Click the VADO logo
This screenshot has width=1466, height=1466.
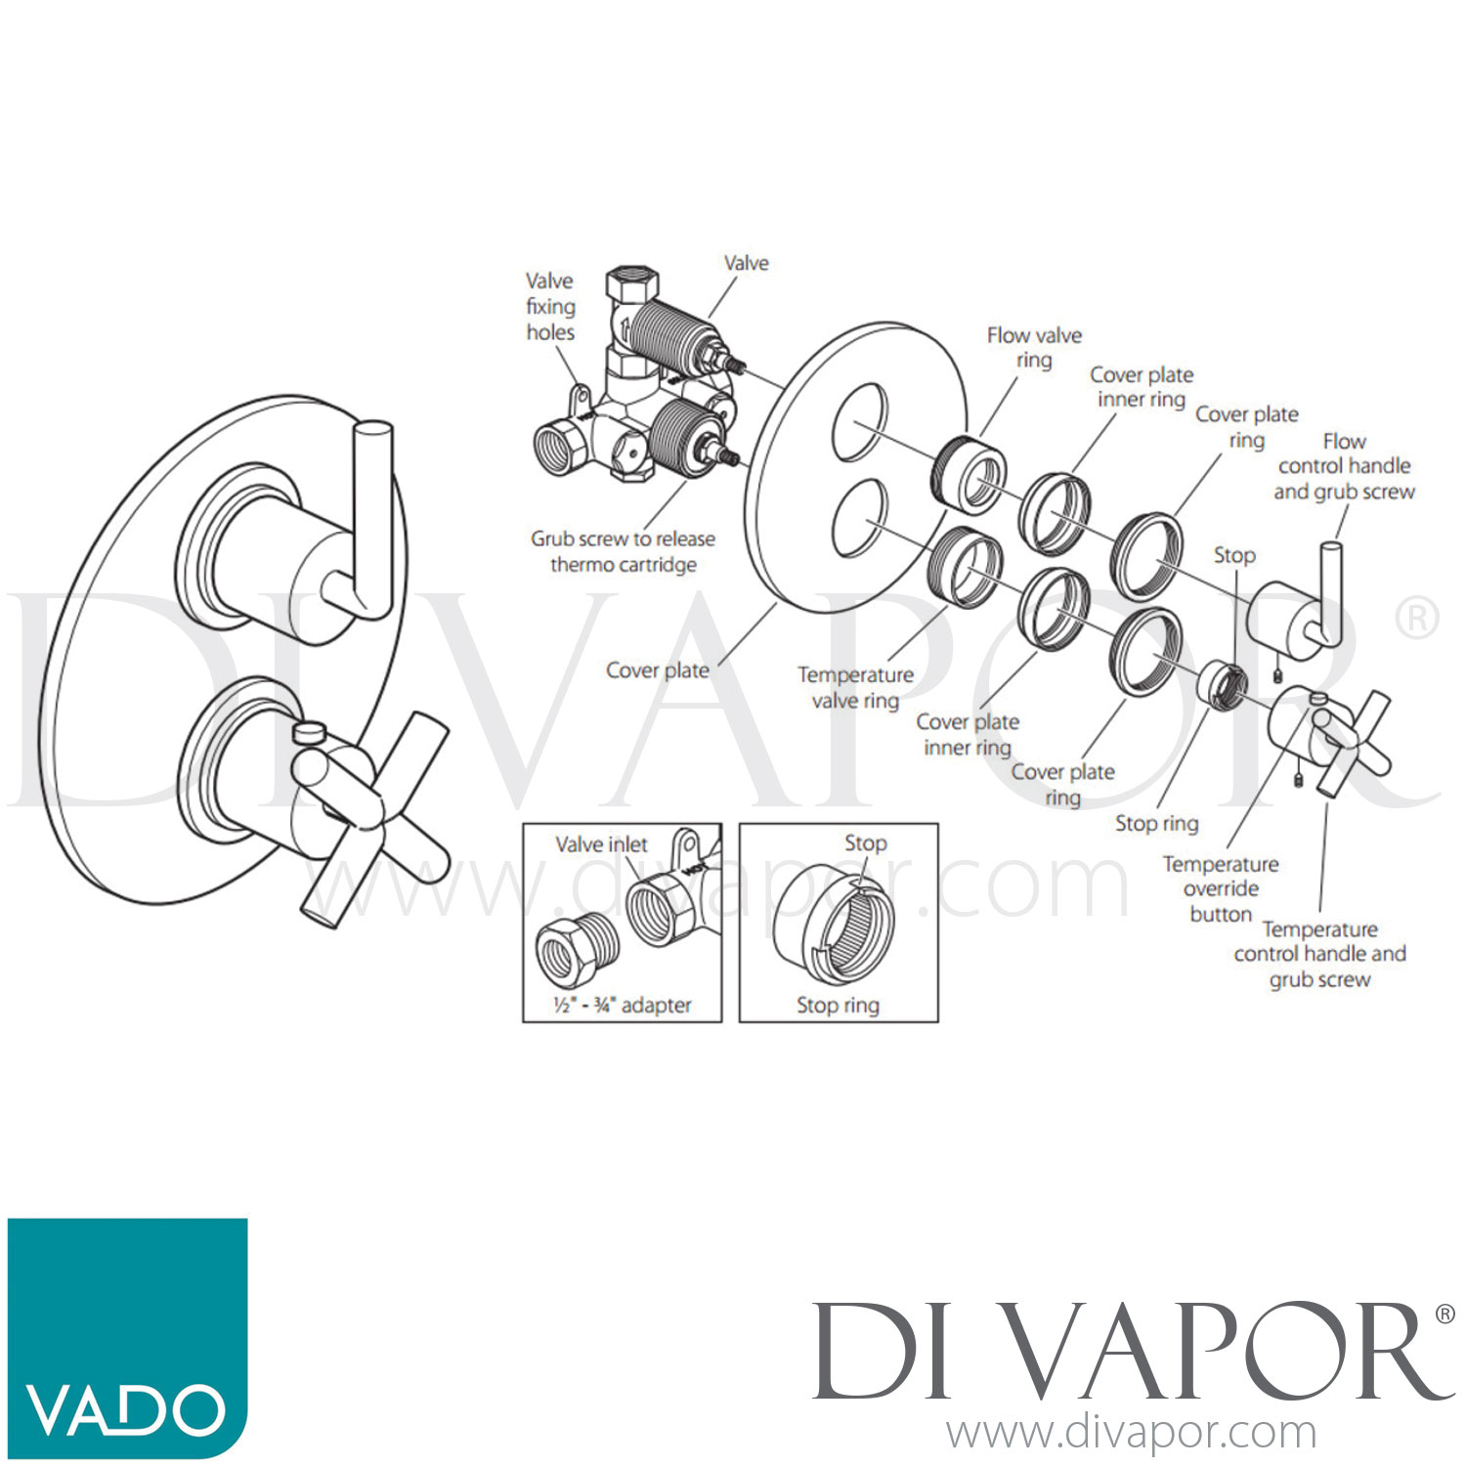[127, 1337]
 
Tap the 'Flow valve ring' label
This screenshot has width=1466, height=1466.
[1034, 348]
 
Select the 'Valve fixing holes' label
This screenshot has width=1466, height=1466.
[550, 307]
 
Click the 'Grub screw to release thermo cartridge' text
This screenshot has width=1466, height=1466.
[623, 551]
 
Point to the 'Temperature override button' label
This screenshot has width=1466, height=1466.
[1221, 889]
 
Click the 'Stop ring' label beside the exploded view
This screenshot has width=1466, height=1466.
[1156, 824]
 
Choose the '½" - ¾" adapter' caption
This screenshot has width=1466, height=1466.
[622, 1005]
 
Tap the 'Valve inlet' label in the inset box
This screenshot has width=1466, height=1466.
[601, 844]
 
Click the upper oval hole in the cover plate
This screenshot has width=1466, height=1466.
[860, 423]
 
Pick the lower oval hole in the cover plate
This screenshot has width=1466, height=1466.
[860, 518]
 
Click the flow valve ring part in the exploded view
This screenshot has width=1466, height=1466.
[969, 476]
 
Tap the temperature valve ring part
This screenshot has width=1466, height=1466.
[968, 567]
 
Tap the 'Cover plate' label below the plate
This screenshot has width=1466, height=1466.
[657, 670]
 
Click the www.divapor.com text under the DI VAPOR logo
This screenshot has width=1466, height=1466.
[1131, 1432]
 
